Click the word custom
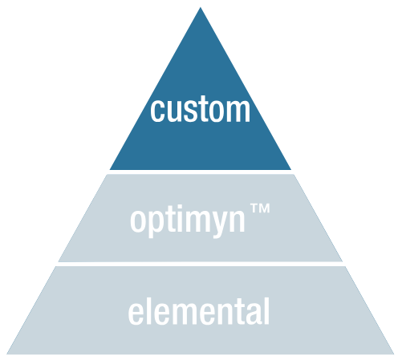[200, 110]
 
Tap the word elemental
[199, 311]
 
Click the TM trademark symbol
[260, 208]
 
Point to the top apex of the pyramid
[201, 7]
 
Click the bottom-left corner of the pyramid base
[6, 354]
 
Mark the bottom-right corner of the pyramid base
[394, 354]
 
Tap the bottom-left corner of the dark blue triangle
[110, 169]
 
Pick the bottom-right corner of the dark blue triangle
[290, 169]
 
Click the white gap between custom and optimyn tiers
[201, 172]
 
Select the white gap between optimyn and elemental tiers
[201, 264]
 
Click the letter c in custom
[156, 112]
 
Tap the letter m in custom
[238, 112]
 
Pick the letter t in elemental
[240, 312]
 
